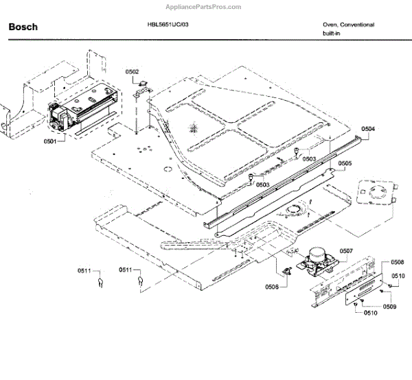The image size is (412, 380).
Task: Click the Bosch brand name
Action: coord(23,27)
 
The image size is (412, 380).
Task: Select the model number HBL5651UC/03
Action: coord(168,25)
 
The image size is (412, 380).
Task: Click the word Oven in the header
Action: coord(331,25)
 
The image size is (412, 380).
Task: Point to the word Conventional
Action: coord(358,25)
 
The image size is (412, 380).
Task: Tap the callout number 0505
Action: coord(345,163)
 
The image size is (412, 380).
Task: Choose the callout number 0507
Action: coord(345,250)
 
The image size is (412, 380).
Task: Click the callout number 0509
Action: coord(389,306)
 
